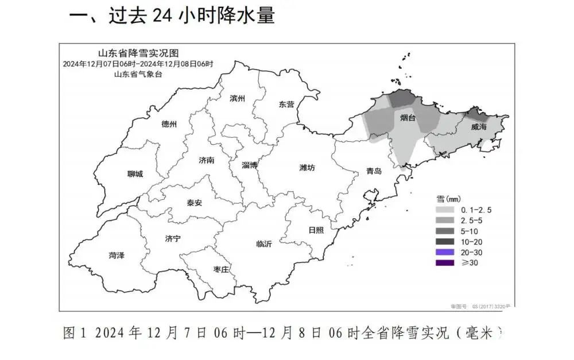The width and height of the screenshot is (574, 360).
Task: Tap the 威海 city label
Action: tap(478, 126)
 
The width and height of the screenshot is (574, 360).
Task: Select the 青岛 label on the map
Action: tap(374, 171)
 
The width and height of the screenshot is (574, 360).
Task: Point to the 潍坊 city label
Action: tap(307, 168)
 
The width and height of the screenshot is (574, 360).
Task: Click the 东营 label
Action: tap(286, 104)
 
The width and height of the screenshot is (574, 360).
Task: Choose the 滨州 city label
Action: tap(237, 99)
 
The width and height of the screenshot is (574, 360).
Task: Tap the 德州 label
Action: tap(169, 124)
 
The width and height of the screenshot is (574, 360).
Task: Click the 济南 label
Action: tap(206, 160)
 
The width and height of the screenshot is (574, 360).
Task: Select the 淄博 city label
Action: tap(250, 165)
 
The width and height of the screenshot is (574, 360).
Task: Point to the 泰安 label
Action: tap(194, 202)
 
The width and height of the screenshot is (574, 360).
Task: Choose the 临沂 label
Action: tap(264, 243)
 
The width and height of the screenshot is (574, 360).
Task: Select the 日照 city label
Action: tap(316, 230)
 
